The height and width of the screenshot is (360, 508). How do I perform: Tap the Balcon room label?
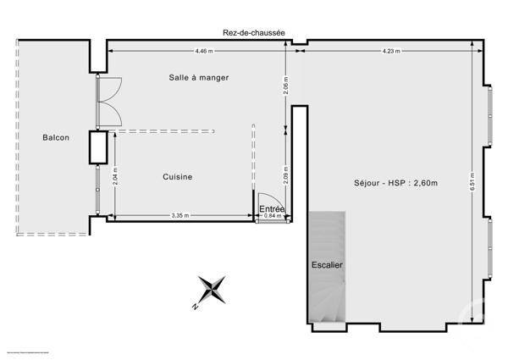pos(57,137)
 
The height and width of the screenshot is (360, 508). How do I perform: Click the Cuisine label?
pos(178,177)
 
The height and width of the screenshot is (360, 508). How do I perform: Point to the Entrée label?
pos(272,208)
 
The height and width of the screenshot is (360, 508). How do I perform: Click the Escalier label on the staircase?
pos(327,265)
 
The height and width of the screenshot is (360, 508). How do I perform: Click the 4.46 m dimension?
pos(203,51)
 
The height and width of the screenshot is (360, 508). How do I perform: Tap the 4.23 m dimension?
pos(390,51)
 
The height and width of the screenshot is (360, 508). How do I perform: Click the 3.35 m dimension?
pos(179,215)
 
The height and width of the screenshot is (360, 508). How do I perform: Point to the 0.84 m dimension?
pos(271,216)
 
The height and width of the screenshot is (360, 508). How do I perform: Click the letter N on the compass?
pos(195,306)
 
